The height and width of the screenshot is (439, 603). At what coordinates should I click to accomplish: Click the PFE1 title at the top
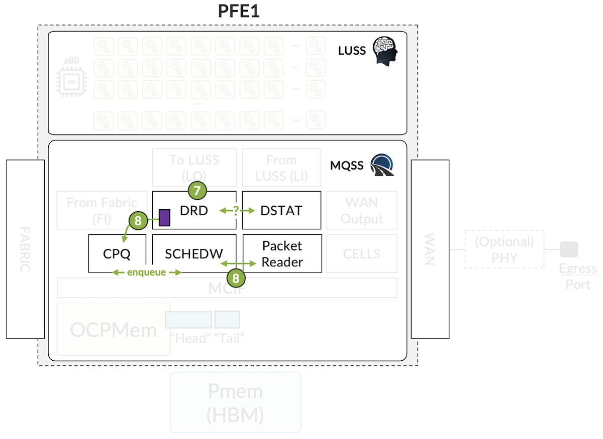point(238,11)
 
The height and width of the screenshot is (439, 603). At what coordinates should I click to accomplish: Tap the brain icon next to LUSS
point(384,51)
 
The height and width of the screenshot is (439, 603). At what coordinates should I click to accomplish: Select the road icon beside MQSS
point(382,165)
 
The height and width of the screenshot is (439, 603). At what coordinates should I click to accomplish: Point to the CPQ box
point(117,253)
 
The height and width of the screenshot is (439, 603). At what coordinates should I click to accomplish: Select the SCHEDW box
point(194,253)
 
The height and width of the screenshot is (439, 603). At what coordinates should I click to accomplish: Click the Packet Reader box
point(282,253)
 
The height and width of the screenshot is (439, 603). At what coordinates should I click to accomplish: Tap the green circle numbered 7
point(196,191)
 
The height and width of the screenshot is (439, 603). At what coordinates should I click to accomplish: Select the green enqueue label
point(146,272)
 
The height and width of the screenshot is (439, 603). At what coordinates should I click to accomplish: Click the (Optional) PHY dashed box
point(505,249)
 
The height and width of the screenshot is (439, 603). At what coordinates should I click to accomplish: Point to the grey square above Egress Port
point(569,249)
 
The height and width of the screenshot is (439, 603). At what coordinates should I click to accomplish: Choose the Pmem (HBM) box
point(236,402)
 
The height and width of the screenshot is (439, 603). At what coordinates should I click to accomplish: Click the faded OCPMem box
point(114,330)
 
